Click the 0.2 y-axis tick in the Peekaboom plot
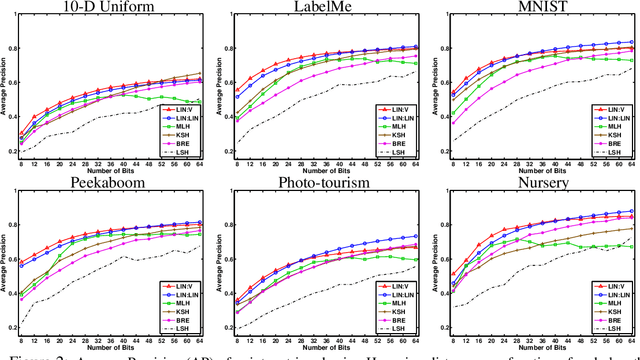pos(17,327)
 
